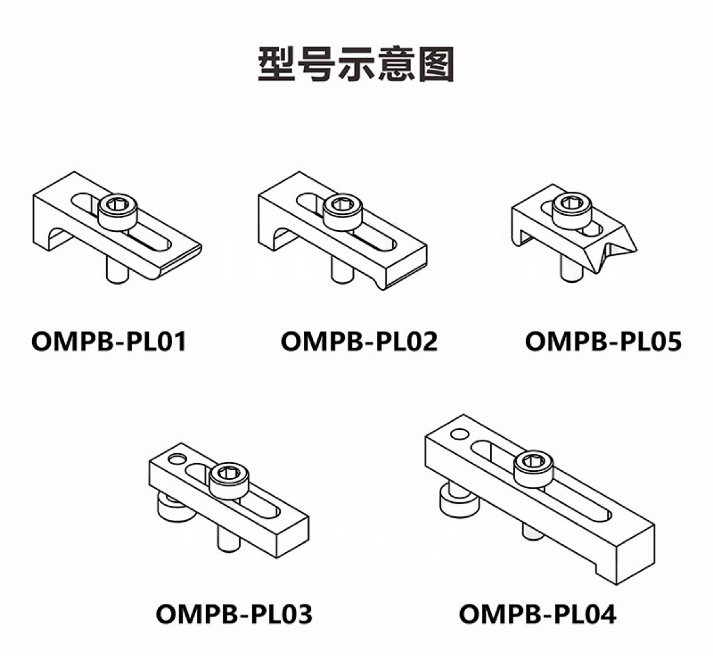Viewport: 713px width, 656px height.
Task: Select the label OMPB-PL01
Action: pos(109,342)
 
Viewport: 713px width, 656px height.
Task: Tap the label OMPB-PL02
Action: pos(359,342)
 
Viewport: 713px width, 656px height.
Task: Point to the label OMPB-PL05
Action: pos(603,342)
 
